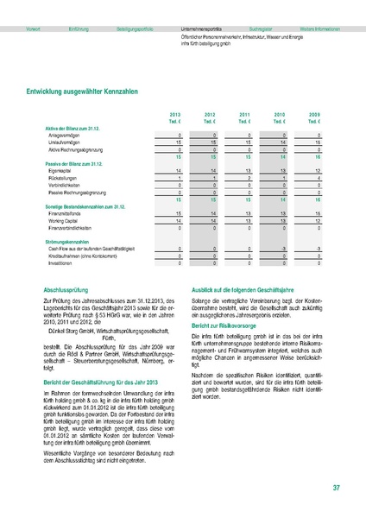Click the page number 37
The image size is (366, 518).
[335, 489]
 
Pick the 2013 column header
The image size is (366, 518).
[175, 115]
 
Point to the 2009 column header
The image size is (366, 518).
[315, 115]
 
